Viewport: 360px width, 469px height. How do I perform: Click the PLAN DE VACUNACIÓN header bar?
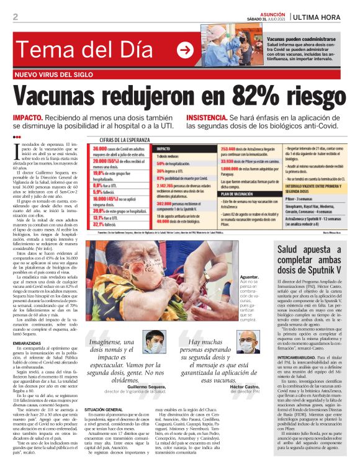pos(226,194)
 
